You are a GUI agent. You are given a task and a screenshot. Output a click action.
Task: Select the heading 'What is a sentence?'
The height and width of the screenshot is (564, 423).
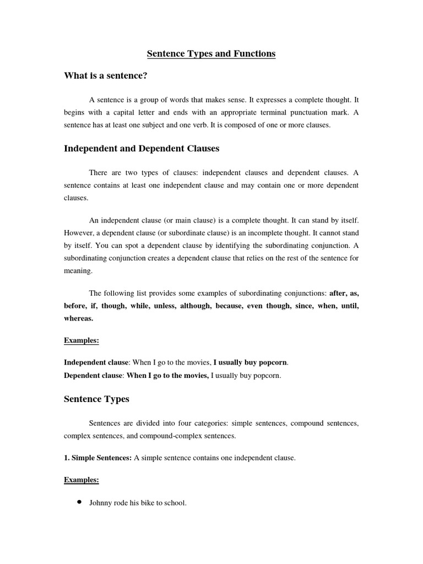coord(105,75)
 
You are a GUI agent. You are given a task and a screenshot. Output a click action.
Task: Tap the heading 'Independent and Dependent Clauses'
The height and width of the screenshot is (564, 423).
coord(142,148)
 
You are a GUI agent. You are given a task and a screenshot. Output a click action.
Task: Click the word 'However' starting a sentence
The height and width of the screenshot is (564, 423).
coord(79,233)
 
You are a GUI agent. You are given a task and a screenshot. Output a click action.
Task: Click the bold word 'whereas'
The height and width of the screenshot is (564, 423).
coord(78,318)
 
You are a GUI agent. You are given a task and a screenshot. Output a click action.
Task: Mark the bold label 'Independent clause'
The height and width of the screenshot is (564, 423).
coord(96,362)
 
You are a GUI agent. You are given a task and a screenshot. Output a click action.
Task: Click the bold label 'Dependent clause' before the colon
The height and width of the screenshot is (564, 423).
coord(93,375)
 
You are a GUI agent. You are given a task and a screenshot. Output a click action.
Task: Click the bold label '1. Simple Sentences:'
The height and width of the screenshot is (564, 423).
coord(97,458)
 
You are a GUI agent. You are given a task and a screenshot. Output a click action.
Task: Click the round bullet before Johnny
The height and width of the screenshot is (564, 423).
coord(79,502)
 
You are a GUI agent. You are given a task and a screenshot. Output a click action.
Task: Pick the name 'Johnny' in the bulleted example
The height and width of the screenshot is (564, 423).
coord(100,503)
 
